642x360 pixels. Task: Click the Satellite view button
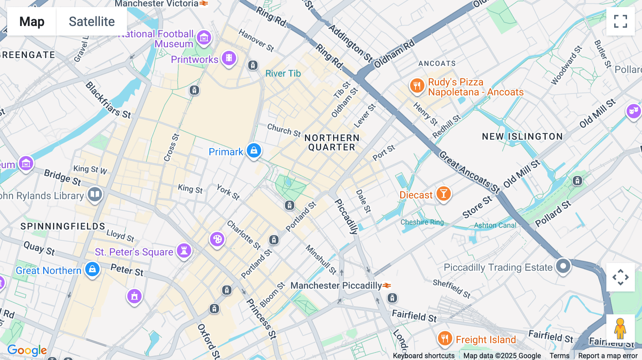(92, 21)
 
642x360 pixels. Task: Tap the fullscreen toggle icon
(620, 21)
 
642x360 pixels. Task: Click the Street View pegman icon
(620, 328)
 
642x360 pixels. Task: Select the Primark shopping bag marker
(254, 150)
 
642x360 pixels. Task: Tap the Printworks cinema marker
(229, 58)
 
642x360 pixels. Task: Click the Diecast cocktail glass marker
(443, 194)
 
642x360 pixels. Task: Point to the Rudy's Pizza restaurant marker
(417, 86)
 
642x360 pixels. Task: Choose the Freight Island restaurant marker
(445, 338)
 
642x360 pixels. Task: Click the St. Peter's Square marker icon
(184, 251)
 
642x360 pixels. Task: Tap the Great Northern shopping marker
(92, 269)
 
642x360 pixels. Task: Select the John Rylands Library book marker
(95, 195)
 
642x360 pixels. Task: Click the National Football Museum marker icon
(204, 37)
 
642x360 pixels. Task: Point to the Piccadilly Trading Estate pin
(563, 266)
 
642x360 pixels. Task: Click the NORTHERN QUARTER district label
(332, 143)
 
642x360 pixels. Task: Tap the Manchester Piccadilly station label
(336, 286)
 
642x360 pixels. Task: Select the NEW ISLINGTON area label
(522, 137)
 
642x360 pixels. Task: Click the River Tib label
(283, 73)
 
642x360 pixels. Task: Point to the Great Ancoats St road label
(469, 172)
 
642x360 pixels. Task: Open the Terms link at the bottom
(559, 356)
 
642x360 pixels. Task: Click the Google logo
(27, 350)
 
